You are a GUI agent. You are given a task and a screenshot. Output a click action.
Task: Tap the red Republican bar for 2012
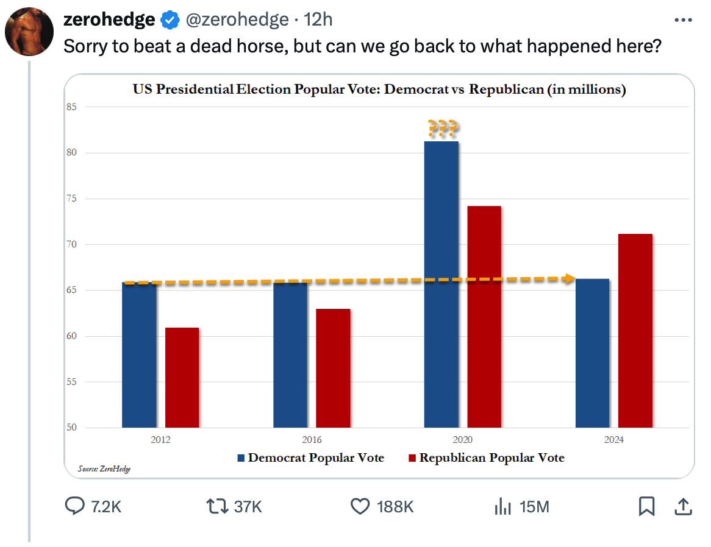tap(182, 378)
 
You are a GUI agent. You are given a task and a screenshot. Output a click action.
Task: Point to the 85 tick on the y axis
tap(72, 107)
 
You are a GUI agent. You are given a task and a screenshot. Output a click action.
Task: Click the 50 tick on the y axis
tap(72, 428)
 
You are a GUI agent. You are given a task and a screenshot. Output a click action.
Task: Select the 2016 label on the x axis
tap(312, 440)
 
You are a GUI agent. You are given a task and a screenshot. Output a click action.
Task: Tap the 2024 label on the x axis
tap(614, 440)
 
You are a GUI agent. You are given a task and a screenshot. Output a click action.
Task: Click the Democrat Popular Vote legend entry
tap(311, 457)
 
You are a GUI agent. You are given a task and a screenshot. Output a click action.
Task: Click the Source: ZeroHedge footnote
tap(104, 468)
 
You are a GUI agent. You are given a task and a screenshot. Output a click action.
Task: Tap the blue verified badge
tap(169, 21)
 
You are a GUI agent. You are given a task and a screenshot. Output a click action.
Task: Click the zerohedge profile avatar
tap(29, 30)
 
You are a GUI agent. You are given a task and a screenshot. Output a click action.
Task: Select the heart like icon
tap(360, 506)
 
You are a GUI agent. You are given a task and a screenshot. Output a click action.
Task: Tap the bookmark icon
tap(646, 506)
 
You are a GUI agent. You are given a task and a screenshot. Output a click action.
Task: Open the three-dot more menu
tap(683, 20)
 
